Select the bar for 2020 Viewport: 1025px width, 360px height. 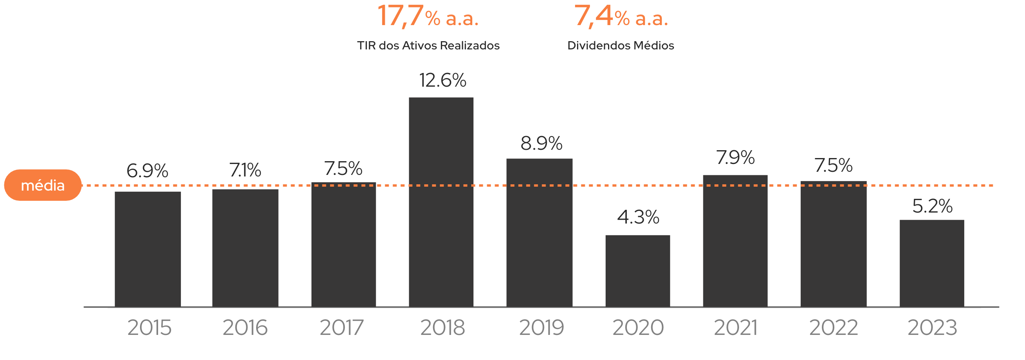(x=637, y=271)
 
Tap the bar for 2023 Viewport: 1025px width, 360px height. (x=932, y=263)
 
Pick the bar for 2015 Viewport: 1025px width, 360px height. (x=147, y=249)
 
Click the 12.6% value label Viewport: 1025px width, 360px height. (x=442, y=80)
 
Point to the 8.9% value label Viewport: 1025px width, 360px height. (x=541, y=143)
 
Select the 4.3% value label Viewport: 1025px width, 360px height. (x=638, y=217)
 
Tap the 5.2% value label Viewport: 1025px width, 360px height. (x=932, y=206)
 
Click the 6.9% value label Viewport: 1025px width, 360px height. (x=147, y=171)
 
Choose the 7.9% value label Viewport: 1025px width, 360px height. (x=736, y=158)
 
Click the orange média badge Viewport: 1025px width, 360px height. (x=43, y=185)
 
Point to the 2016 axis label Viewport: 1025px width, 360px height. (x=245, y=328)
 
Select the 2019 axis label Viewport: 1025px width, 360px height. (x=541, y=328)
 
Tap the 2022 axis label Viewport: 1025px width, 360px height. (x=833, y=328)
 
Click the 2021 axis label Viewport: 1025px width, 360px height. (x=736, y=328)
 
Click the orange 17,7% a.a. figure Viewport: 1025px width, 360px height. (x=428, y=17)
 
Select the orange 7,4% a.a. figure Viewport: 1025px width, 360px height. (x=621, y=17)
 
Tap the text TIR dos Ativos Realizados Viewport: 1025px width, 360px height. (x=428, y=46)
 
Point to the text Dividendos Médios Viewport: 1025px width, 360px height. (x=620, y=46)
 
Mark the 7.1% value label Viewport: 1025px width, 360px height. (x=245, y=170)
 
